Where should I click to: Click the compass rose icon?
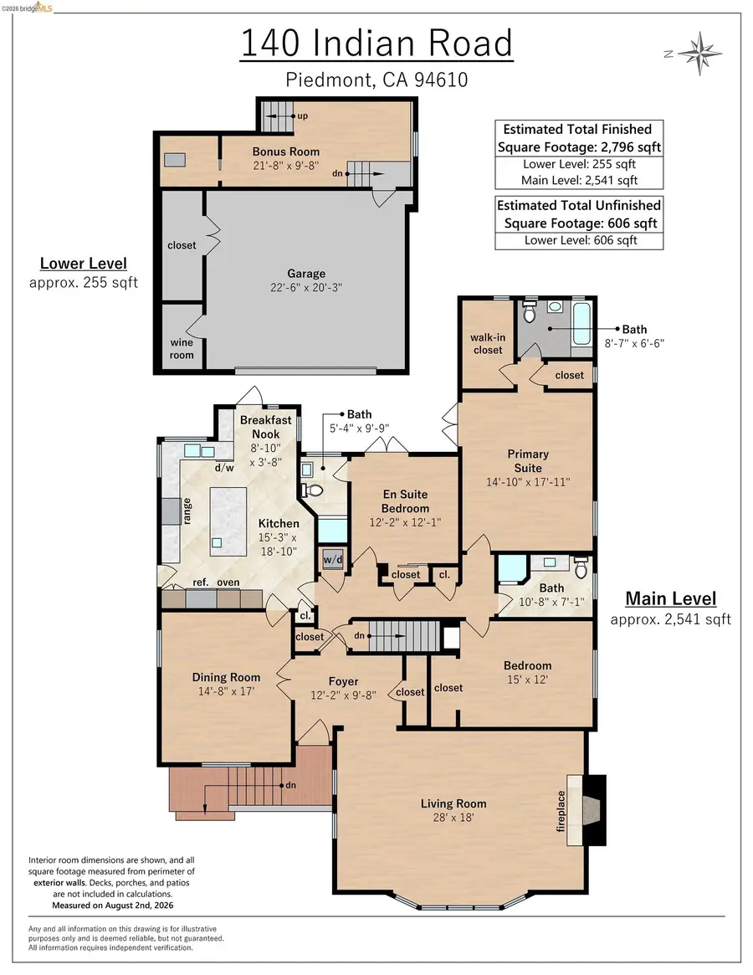click(x=699, y=54)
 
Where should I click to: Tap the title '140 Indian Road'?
click(x=376, y=43)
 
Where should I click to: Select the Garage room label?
click(x=306, y=274)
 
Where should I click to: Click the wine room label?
click(x=182, y=349)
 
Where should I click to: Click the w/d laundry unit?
click(x=333, y=559)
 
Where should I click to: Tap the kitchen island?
click(x=228, y=521)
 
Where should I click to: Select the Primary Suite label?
click(x=528, y=461)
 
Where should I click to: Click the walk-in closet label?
click(x=488, y=343)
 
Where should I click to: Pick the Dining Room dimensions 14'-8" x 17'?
click(x=226, y=690)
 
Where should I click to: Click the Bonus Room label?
click(x=286, y=151)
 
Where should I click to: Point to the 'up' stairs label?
click(x=302, y=115)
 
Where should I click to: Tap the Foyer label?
click(x=343, y=681)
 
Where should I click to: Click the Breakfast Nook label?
click(x=265, y=427)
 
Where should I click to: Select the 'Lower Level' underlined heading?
click(x=84, y=264)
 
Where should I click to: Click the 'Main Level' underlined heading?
click(x=671, y=598)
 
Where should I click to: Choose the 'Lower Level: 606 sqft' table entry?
click(x=580, y=240)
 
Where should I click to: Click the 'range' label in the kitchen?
click(x=187, y=511)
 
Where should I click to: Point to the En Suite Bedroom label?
click(x=405, y=501)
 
